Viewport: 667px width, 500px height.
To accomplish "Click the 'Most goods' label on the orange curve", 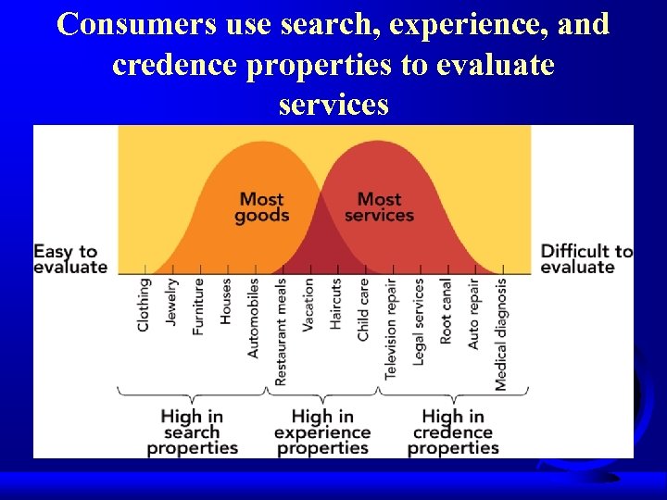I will tap(261, 206).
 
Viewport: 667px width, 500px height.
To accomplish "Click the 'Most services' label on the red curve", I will tap(379, 206).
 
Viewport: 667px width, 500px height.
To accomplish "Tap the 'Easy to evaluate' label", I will tap(70, 259).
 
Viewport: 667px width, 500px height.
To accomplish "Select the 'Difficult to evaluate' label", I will tap(586, 259).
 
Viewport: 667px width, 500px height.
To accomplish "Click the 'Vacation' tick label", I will tap(308, 306).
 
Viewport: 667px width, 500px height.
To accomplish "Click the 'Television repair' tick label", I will tap(391, 330).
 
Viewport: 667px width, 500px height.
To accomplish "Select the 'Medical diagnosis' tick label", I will tap(501, 334).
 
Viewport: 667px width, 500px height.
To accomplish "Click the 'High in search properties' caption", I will tap(192, 432).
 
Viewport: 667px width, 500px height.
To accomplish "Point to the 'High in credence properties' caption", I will tap(453, 432).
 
